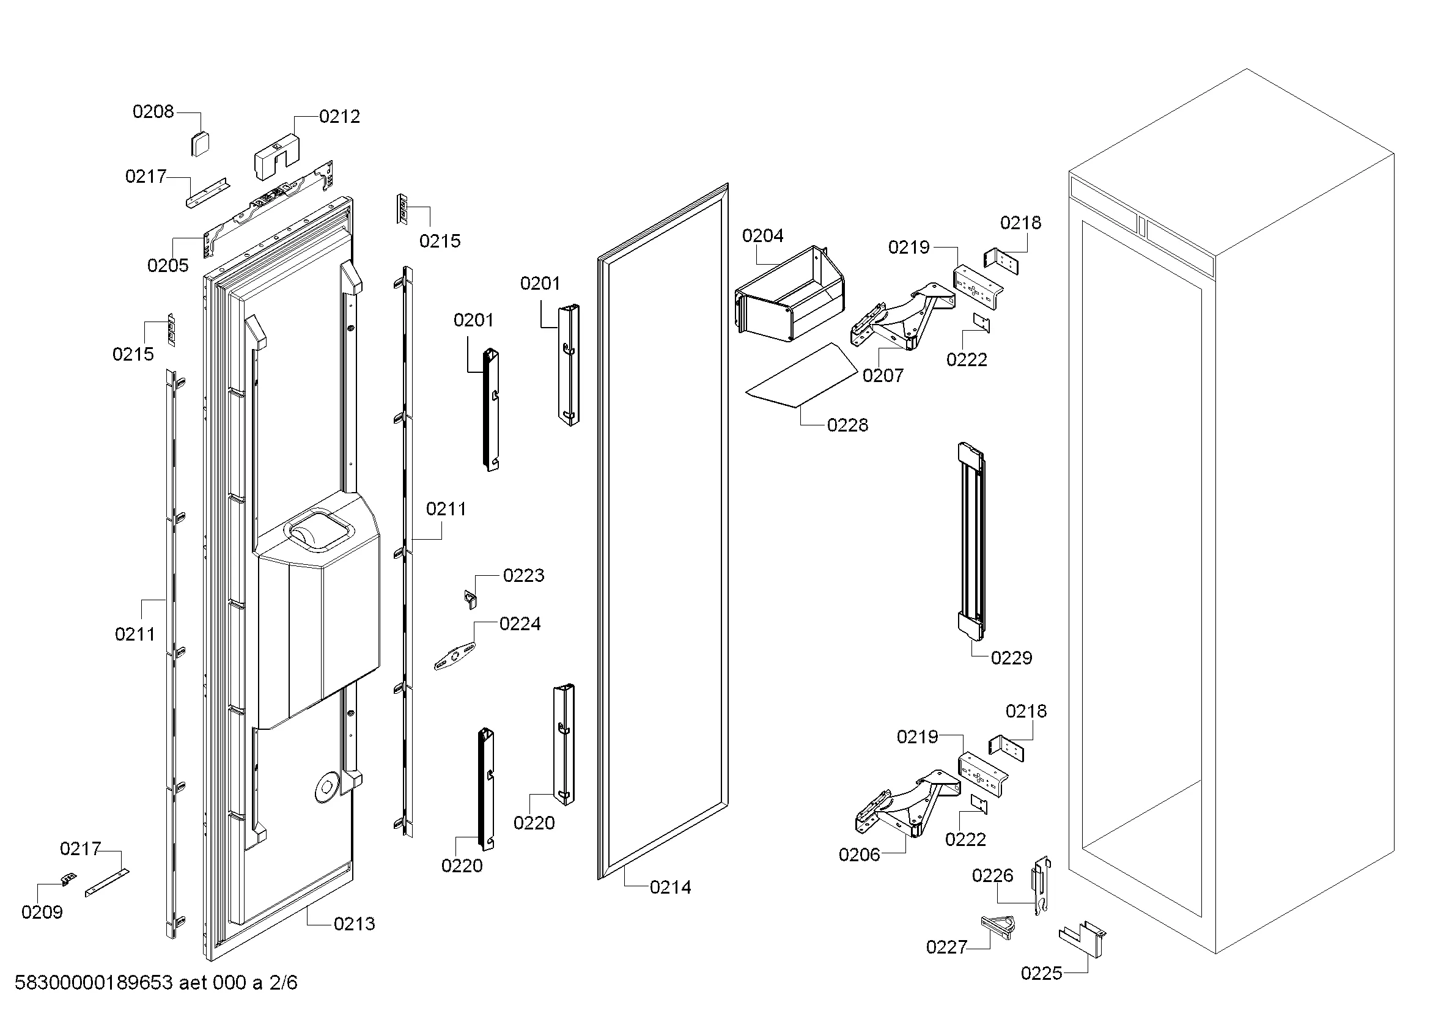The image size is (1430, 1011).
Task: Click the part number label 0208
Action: pyautogui.click(x=153, y=111)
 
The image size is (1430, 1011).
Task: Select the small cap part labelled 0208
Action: pyautogui.click(x=199, y=144)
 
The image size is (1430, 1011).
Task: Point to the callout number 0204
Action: pyautogui.click(x=762, y=235)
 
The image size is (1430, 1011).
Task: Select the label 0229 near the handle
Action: pyautogui.click(x=1011, y=658)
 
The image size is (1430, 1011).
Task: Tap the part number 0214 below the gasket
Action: pyautogui.click(x=670, y=887)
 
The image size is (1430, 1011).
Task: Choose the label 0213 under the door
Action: pyautogui.click(x=354, y=923)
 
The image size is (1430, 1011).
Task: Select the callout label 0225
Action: pyautogui.click(x=1041, y=973)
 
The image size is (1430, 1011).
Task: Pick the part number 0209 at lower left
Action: pyautogui.click(x=42, y=912)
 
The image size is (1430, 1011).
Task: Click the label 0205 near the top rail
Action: pyautogui.click(x=168, y=265)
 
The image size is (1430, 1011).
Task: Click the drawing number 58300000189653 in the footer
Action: pyautogui.click(x=94, y=982)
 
